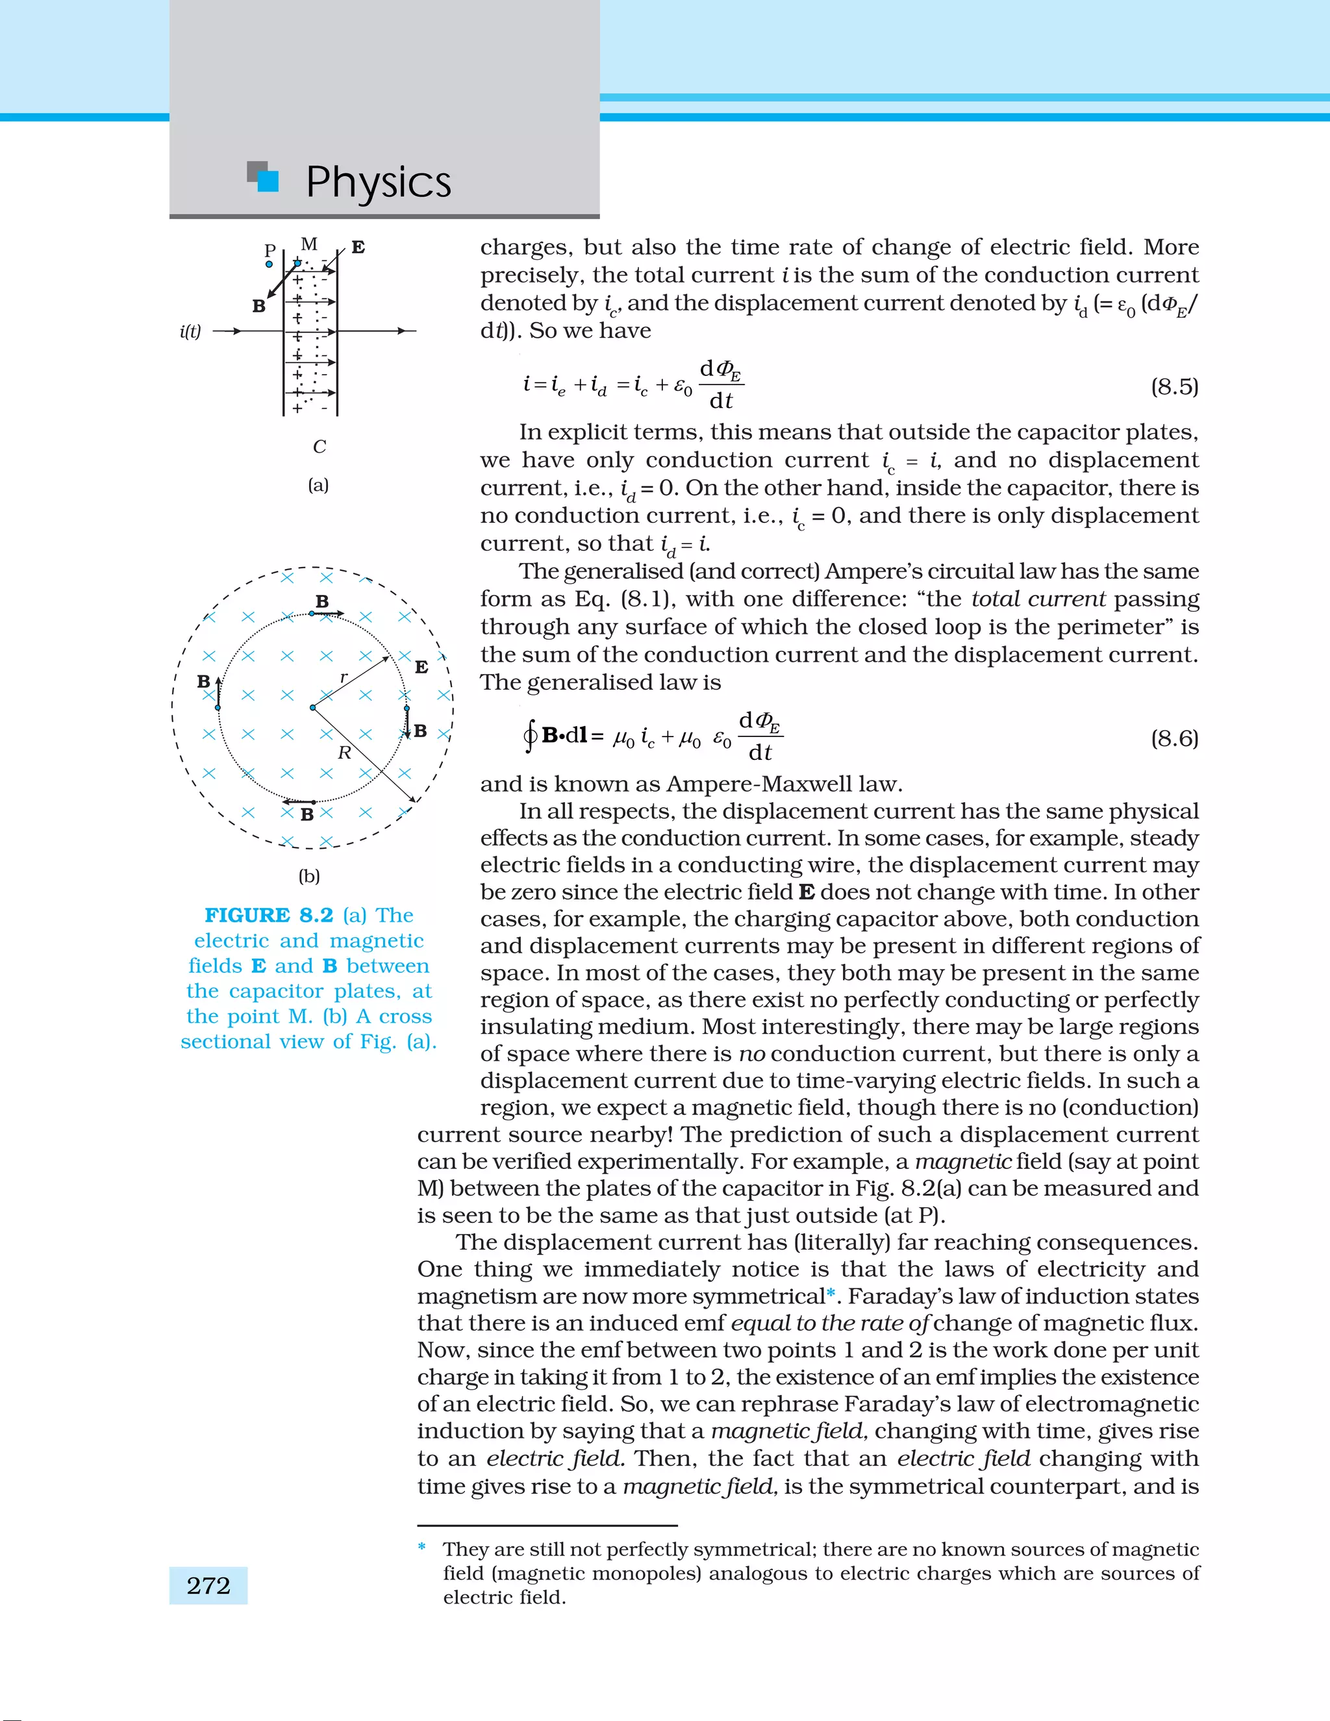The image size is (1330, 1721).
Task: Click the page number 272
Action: coord(208,1585)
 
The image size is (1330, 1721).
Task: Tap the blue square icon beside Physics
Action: coord(268,181)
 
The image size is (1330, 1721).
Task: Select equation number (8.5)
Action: coord(1174,387)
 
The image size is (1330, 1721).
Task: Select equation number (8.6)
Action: coord(1174,738)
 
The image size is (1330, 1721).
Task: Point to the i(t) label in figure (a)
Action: coord(190,332)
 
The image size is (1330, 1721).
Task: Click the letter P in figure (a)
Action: coord(270,251)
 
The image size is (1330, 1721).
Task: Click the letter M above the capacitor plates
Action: coord(309,244)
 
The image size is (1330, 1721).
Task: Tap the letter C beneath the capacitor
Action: coord(319,447)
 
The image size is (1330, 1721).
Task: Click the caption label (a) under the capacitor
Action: coord(318,484)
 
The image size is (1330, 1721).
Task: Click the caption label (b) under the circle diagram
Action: coord(309,875)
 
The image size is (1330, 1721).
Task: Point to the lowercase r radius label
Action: coord(344,677)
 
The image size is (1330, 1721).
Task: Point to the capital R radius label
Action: coord(344,753)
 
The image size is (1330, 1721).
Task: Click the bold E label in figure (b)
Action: coord(421,668)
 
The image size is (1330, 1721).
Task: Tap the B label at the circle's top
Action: coord(322,601)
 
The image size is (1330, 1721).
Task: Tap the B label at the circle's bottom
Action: coord(307,814)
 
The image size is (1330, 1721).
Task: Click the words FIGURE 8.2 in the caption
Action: coord(269,915)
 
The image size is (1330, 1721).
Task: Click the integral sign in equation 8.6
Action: coord(529,737)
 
